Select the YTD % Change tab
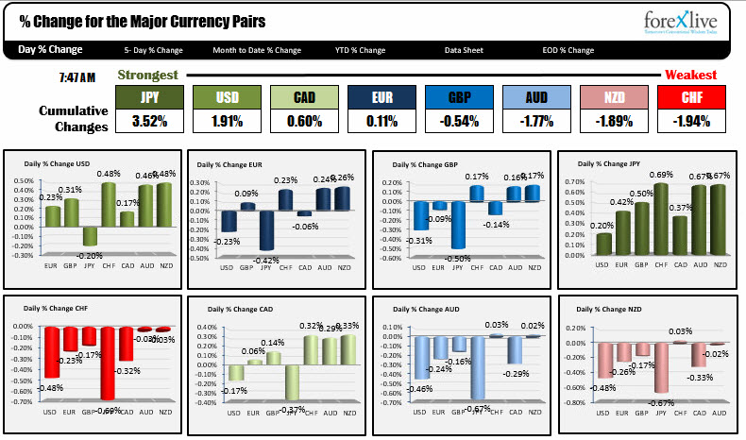click(360, 50)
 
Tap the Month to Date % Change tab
click(257, 50)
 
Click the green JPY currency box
click(149, 97)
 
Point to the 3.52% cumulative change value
click(149, 121)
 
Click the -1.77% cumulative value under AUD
click(535, 121)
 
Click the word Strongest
click(147, 75)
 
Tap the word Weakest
click(690, 75)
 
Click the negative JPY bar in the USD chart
click(91, 237)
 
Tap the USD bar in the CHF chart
click(51, 351)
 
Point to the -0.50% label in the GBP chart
click(458, 259)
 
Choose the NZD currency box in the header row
click(613, 97)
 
